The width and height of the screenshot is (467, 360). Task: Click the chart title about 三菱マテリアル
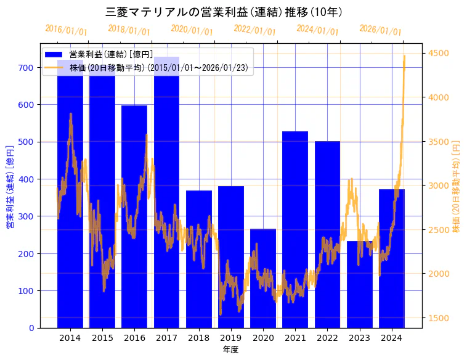click(x=224, y=12)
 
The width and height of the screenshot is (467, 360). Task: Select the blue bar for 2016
click(x=134, y=216)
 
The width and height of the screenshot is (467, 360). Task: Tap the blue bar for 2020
click(x=263, y=278)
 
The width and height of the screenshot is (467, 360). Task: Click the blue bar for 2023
click(x=360, y=284)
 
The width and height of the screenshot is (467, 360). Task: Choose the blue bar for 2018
click(x=198, y=259)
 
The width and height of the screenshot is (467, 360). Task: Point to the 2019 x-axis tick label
click(x=230, y=337)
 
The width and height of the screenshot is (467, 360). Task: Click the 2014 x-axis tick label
click(x=70, y=337)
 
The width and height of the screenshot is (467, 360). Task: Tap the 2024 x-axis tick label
click(x=392, y=337)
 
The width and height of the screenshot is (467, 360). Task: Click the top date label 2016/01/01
click(x=66, y=30)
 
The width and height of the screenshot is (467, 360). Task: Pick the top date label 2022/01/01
click(x=254, y=30)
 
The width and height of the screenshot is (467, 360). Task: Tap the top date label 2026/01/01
click(x=380, y=30)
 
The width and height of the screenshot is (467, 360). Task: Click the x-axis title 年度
click(x=230, y=350)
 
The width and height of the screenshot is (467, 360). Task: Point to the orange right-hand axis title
click(x=457, y=185)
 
